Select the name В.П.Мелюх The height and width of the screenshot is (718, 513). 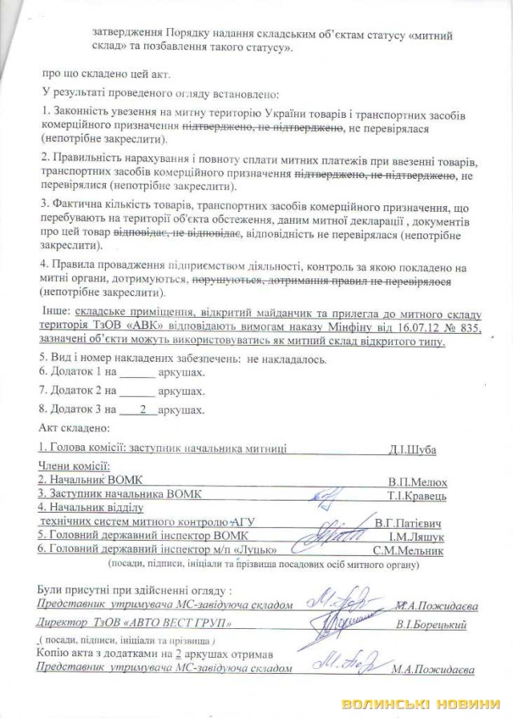click(x=417, y=481)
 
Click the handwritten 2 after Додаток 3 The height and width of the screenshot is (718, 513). click(x=143, y=409)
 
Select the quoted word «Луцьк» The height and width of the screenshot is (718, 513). click(x=254, y=550)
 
